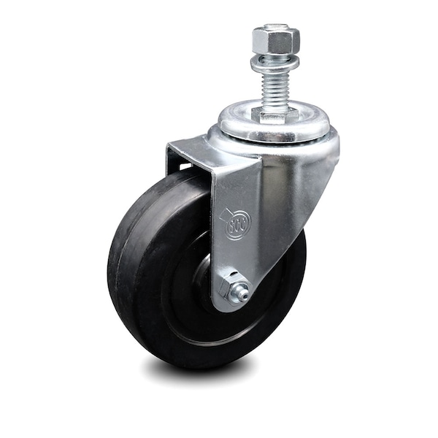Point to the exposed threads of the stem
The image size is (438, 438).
tap(274, 91)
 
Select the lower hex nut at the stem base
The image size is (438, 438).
tap(275, 115)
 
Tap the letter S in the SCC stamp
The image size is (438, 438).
tap(231, 226)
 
